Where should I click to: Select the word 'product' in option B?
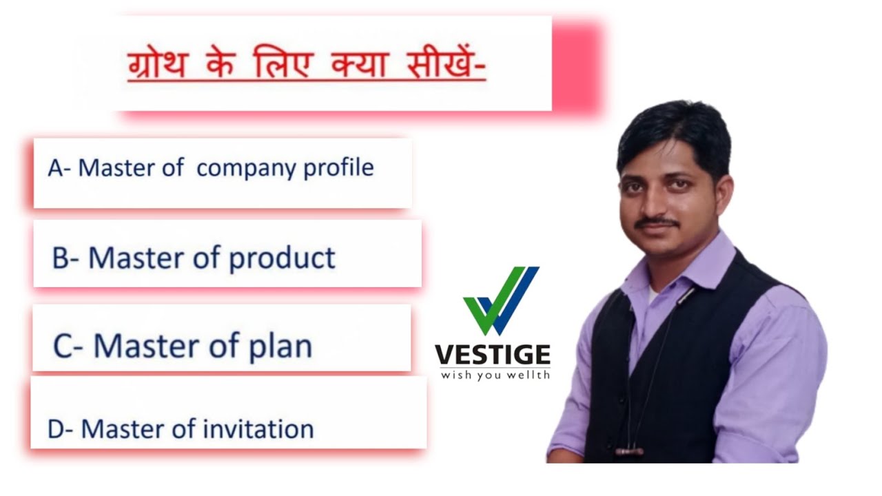click(282, 258)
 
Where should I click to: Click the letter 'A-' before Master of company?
click(59, 168)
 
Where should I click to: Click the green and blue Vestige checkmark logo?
click(500, 300)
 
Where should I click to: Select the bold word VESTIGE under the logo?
click(493, 355)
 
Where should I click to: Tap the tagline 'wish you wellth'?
click(495, 375)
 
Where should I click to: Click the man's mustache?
click(658, 223)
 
